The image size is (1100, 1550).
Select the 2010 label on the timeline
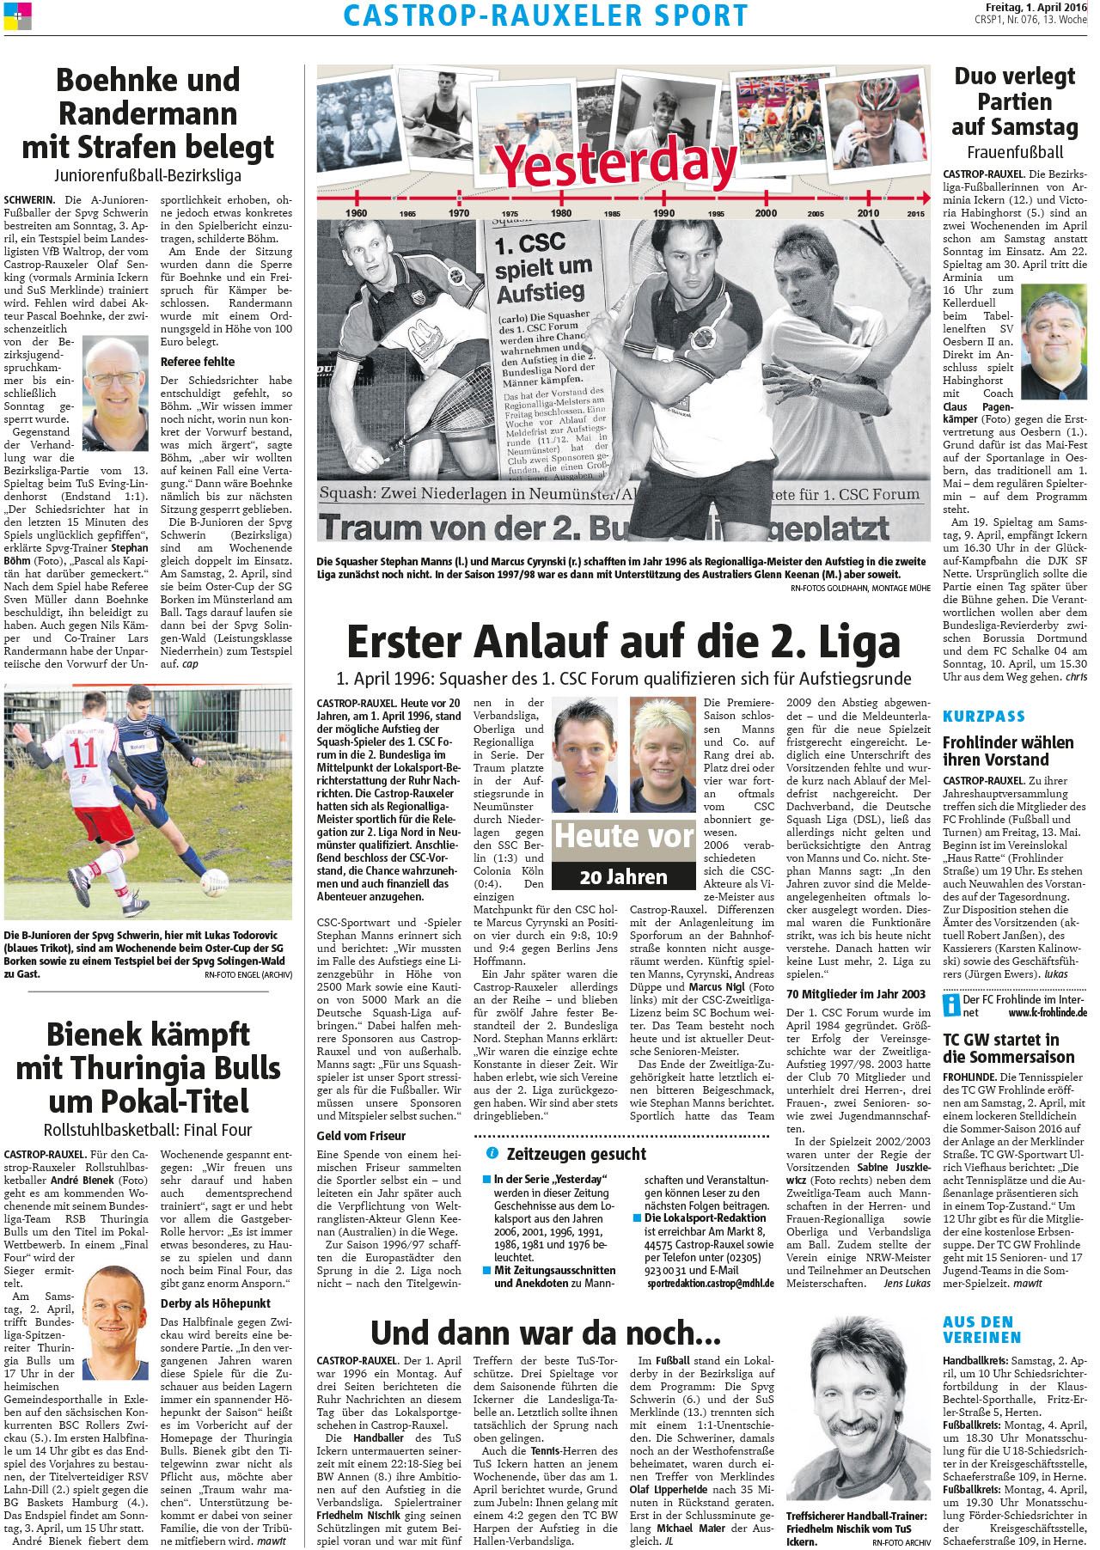867,212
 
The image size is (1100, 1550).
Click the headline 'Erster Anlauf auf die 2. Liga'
623,642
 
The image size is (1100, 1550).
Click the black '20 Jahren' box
623,877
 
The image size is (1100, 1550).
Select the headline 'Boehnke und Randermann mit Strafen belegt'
148,113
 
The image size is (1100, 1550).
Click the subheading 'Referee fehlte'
197,362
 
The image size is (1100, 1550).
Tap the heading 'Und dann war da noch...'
546,1332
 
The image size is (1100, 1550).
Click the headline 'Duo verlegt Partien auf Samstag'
1014,101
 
